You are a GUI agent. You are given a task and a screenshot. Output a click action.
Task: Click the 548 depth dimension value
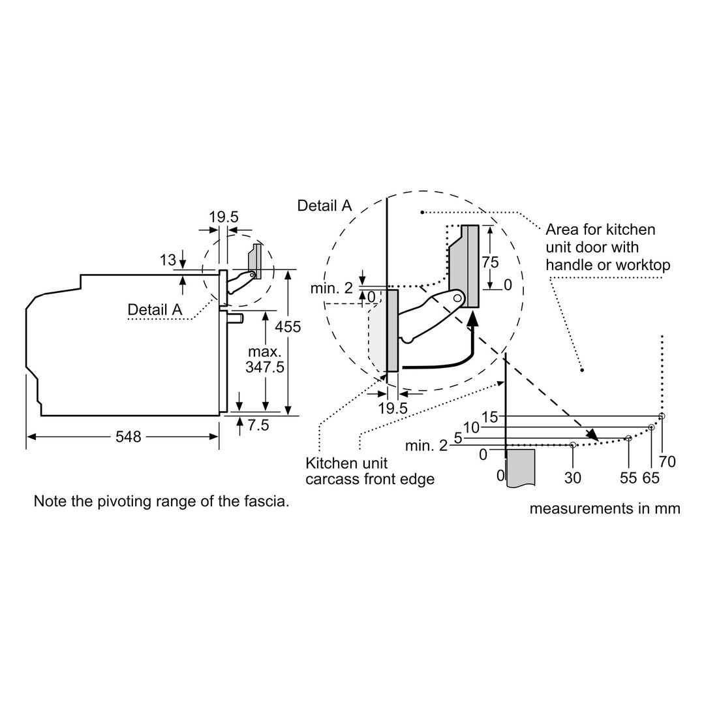point(129,436)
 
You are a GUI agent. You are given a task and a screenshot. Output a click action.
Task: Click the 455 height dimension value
point(288,326)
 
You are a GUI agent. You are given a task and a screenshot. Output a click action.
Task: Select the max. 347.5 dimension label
point(265,360)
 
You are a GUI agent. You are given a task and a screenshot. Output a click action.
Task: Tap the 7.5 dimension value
point(258,425)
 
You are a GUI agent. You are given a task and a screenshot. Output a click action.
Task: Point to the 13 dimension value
point(168,260)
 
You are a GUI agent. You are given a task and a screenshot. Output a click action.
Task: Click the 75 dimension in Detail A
point(490,262)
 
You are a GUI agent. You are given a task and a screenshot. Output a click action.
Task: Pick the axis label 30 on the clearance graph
point(572,478)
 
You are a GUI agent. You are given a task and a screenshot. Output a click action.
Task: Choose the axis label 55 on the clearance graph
point(628,478)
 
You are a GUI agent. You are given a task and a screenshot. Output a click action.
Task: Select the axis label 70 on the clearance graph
point(667,461)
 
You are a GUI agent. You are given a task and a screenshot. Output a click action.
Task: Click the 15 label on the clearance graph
point(490,417)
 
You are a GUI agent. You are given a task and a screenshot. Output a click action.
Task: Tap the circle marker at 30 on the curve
point(572,445)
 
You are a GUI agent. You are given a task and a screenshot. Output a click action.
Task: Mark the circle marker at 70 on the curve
point(662,416)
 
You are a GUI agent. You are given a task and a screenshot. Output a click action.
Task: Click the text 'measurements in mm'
point(605,509)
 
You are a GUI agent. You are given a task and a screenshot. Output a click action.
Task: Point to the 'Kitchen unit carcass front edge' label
point(370,471)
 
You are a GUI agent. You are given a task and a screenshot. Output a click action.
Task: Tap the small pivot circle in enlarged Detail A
point(457,298)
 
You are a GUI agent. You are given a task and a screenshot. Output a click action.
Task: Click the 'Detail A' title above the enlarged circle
point(325,206)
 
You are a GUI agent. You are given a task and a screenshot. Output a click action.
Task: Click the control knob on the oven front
point(236,318)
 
